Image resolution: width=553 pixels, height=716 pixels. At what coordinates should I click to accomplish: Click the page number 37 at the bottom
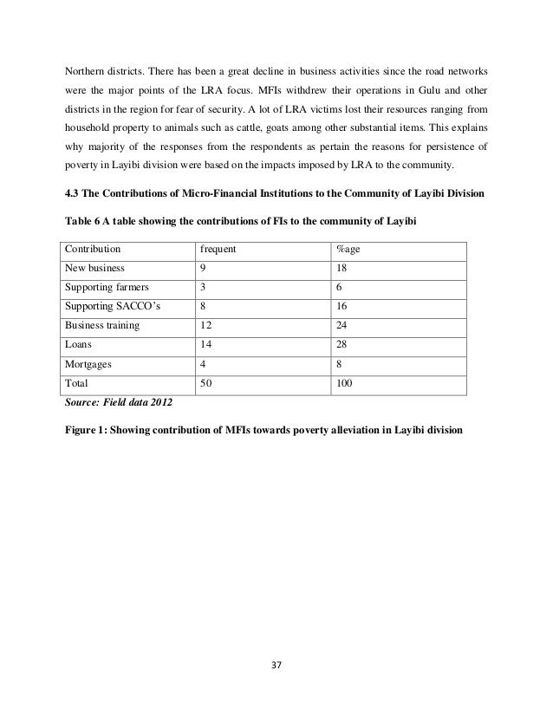pyautogui.click(x=277, y=667)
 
